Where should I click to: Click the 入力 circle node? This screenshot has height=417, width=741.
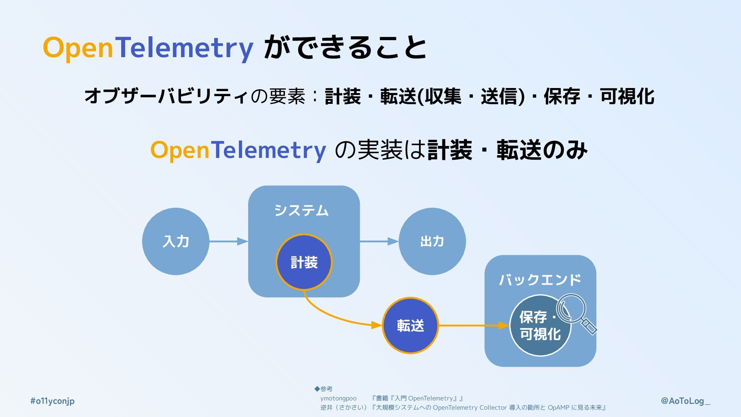tap(176, 241)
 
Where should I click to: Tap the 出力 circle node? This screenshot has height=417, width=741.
tap(432, 241)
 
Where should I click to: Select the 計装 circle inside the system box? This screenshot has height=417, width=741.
tap(304, 262)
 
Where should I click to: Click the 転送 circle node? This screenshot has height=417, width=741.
tap(410, 325)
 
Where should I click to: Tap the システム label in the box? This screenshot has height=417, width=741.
tap(301, 210)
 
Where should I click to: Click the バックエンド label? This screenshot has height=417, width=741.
tap(540, 280)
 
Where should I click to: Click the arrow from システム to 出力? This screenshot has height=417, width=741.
tap(379, 242)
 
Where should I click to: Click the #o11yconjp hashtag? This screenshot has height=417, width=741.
tap(52, 401)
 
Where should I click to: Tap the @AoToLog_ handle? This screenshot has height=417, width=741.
tap(685, 401)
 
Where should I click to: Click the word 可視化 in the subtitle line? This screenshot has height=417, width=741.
tap(627, 96)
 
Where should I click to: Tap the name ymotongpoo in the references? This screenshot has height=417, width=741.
tap(338, 398)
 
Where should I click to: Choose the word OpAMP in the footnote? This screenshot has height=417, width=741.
tap(558, 408)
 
